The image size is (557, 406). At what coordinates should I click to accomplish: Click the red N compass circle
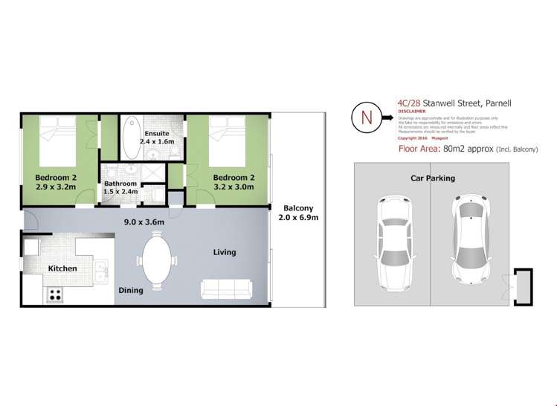point(364,117)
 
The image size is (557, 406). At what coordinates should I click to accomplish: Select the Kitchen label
point(62,268)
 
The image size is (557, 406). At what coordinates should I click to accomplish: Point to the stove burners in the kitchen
point(55,294)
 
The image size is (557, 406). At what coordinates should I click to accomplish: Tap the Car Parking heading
point(432,178)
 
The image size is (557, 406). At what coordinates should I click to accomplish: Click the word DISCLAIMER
point(413,112)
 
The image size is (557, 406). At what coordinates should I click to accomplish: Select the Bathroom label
point(120,184)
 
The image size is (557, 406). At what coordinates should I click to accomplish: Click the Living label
point(224,252)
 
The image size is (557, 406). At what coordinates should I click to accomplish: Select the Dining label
point(131,291)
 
